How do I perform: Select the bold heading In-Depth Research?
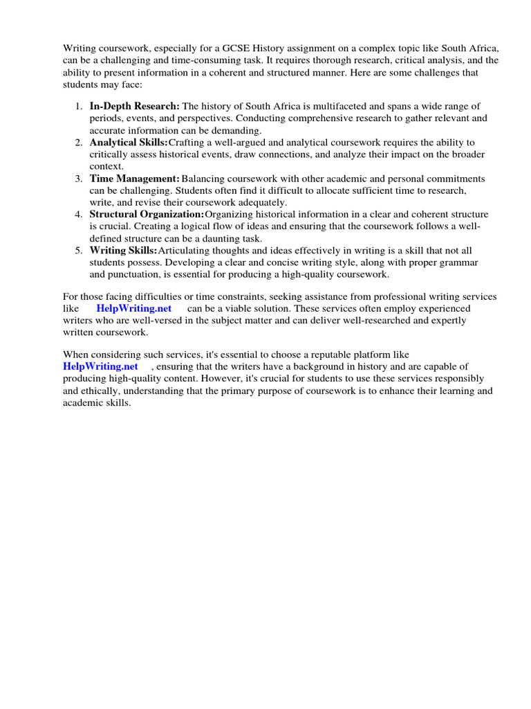click(x=134, y=106)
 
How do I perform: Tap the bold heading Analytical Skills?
click(x=129, y=142)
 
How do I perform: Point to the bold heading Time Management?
click(x=134, y=178)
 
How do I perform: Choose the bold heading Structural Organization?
click(x=147, y=214)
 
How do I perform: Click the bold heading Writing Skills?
click(x=124, y=250)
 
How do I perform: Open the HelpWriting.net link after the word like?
click(x=134, y=308)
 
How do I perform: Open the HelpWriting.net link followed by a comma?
click(x=101, y=366)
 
